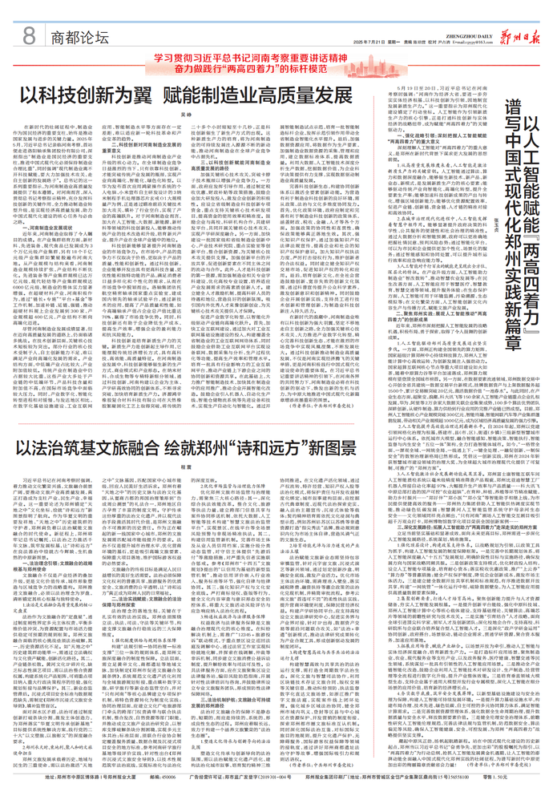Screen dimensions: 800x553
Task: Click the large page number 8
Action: (x=30, y=35)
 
